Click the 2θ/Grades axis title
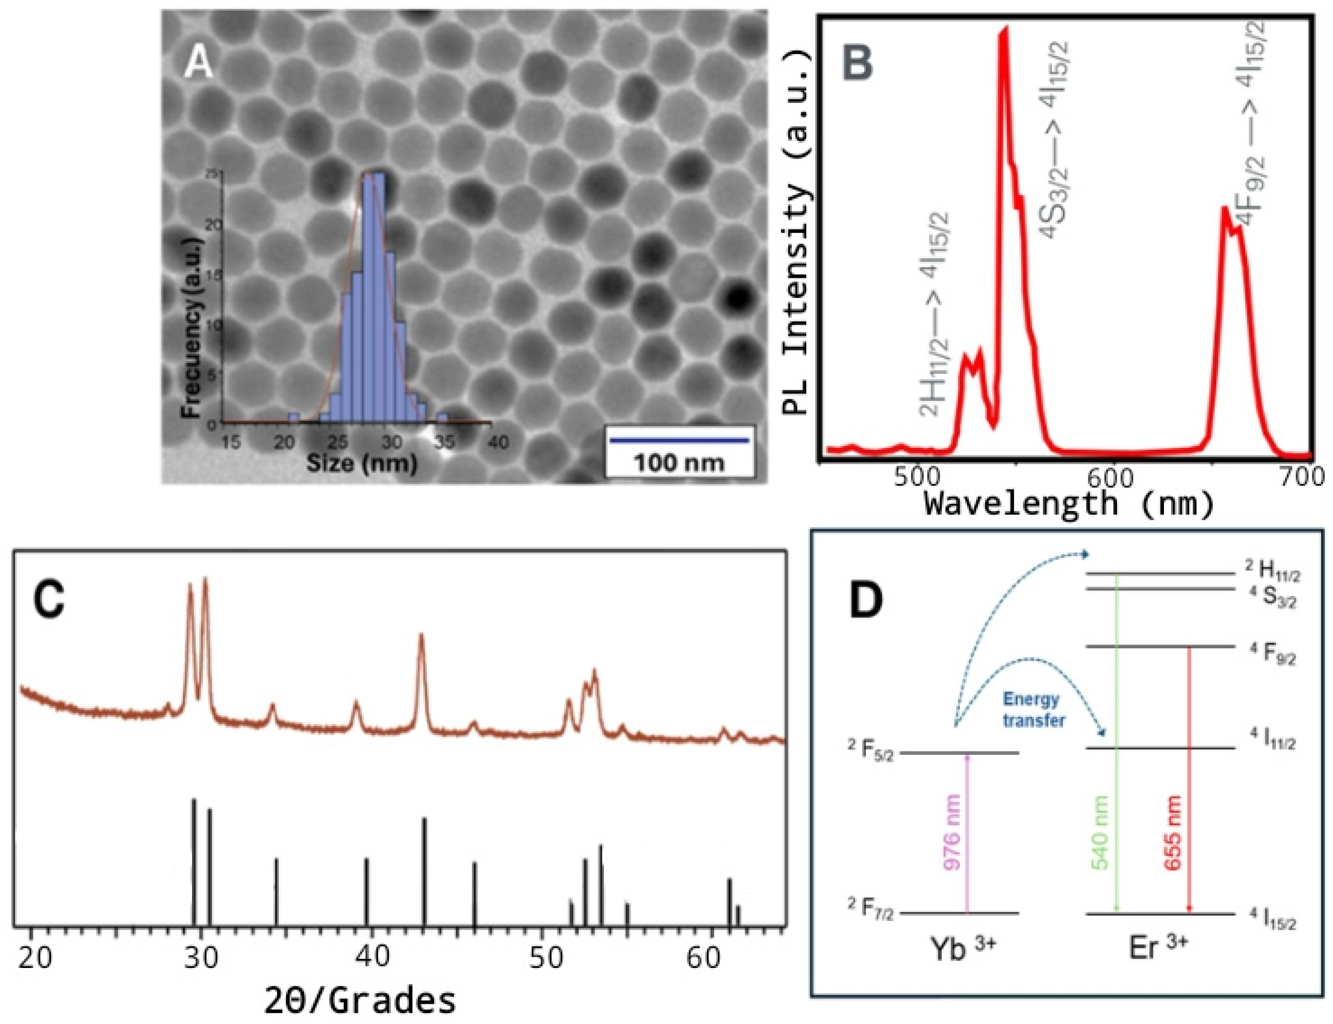(360, 1001)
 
